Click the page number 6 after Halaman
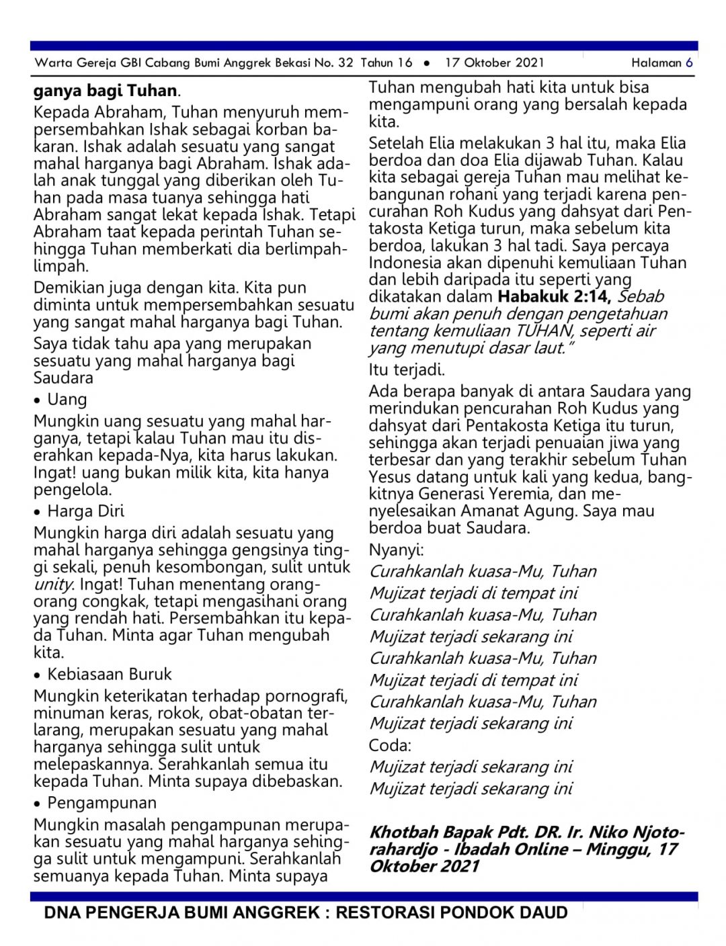click(689, 63)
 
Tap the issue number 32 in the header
click(346, 63)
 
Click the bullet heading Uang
click(67, 400)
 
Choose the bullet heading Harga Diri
click(85, 511)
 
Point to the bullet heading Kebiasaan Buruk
click(110, 675)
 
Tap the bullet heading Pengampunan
click(102, 803)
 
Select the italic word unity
click(53, 585)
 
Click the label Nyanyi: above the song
click(396, 550)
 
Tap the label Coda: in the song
click(390, 746)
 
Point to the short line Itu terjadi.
click(407, 370)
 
